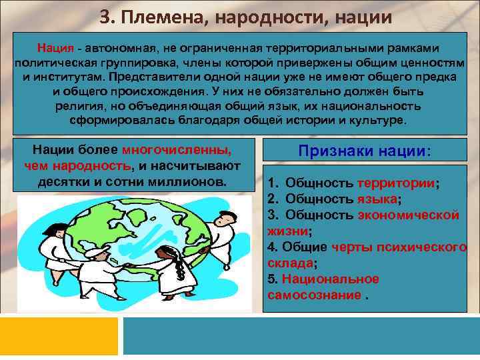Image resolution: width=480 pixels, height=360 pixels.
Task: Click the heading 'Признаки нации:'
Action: pos(365,151)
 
